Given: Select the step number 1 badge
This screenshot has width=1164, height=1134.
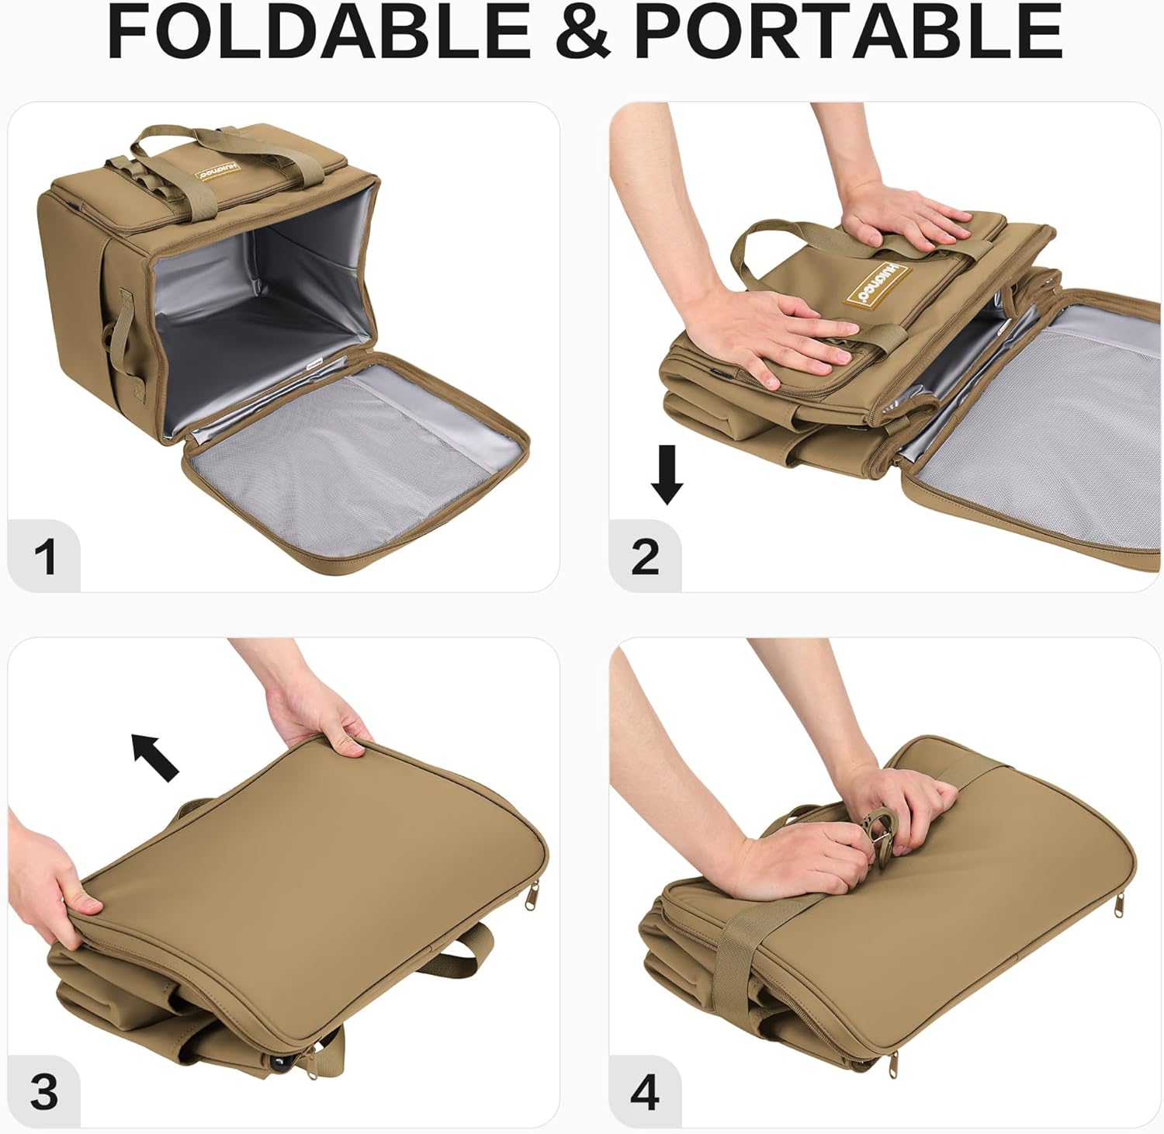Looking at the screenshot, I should pos(45,556).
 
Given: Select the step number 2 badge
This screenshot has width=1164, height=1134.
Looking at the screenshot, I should pos(645,556).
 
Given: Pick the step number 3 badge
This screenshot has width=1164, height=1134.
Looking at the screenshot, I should pos(45,1092).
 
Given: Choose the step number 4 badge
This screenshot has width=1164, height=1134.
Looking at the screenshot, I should pos(645,1092).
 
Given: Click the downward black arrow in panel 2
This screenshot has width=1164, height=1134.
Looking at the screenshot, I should pos(667,473).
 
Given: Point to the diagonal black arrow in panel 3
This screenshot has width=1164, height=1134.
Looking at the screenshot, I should pos(155,757).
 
